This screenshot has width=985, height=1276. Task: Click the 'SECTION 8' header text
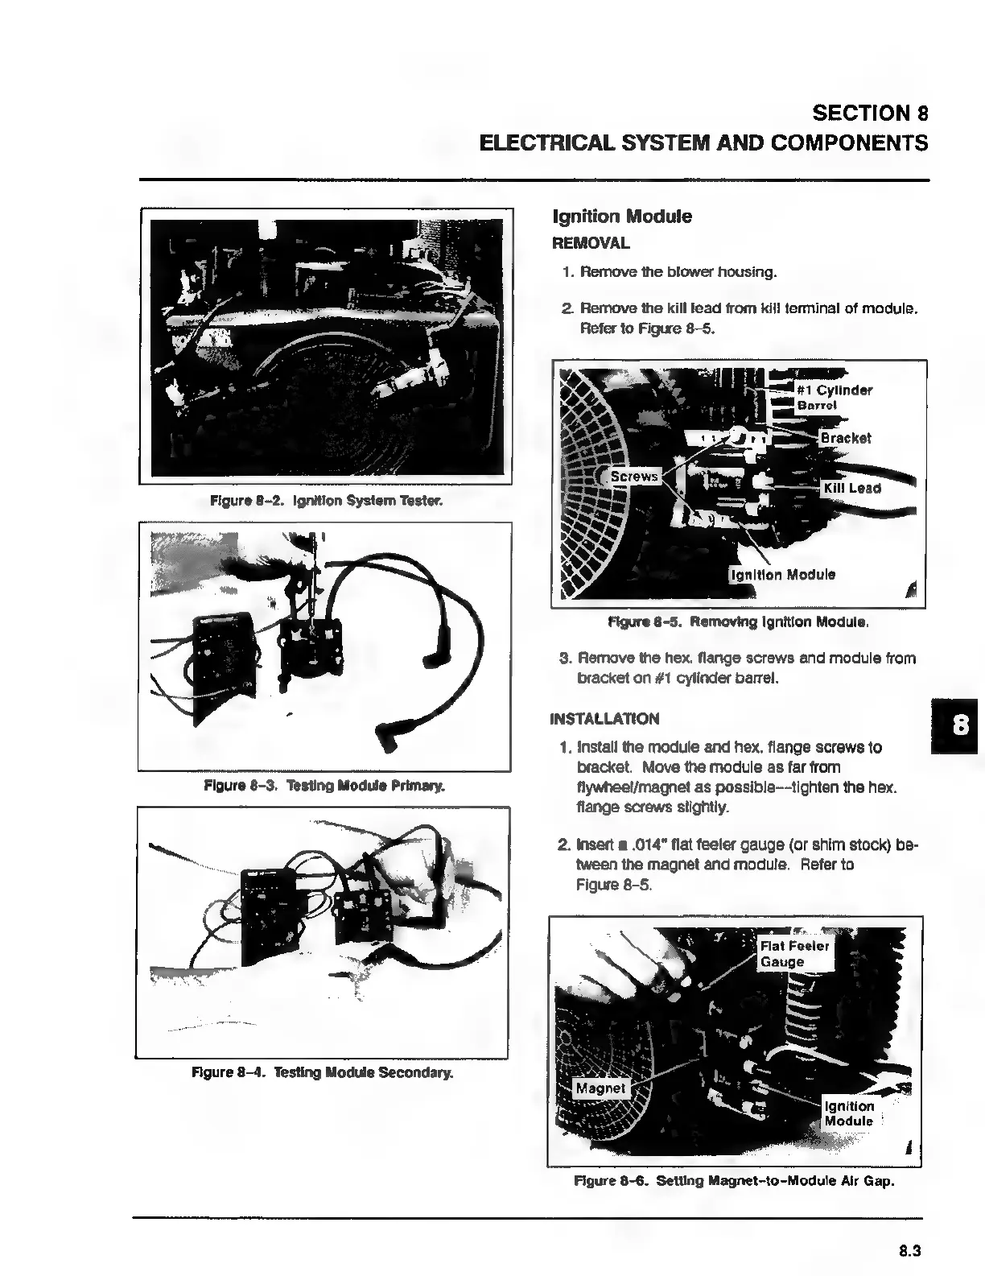point(870,113)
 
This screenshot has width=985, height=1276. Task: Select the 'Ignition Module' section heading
point(621,217)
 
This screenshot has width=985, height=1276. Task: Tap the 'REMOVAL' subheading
point(591,243)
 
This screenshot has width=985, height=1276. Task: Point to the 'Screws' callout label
point(634,477)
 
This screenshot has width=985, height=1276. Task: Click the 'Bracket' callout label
point(845,438)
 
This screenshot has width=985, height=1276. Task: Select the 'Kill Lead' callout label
point(852,488)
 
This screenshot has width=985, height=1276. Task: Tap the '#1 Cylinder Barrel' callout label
point(834,398)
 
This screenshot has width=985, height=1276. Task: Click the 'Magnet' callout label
point(600,1088)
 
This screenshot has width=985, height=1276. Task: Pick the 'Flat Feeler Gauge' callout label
point(794,954)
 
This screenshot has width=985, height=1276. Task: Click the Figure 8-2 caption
point(326,502)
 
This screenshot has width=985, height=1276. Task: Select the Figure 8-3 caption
point(324,785)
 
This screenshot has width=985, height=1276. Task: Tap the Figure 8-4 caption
point(322,1072)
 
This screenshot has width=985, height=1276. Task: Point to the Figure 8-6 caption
point(734,1182)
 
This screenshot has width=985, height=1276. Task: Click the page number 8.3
point(909,1251)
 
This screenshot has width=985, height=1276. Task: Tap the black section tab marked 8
point(958,726)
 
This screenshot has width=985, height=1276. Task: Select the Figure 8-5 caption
point(738,622)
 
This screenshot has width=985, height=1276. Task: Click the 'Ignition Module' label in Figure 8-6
point(849,1113)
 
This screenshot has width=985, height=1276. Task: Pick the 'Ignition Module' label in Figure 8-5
point(782,575)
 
